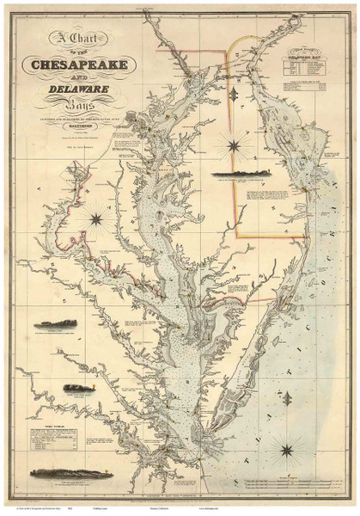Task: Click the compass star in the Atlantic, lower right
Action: pos(284,447)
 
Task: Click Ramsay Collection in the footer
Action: pos(177,509)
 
